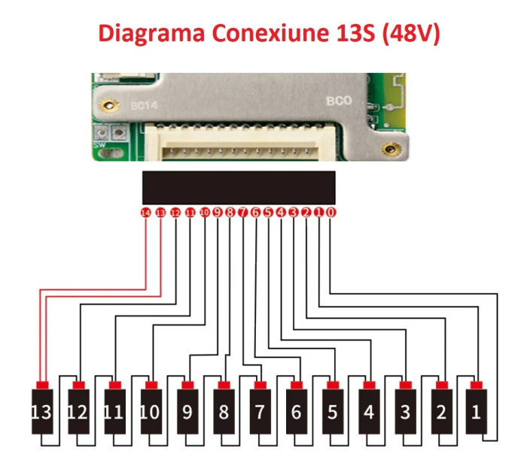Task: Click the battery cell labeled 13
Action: tap(42, 412)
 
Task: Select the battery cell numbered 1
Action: tap(476, 412)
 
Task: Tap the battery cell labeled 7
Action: tap(259, 412)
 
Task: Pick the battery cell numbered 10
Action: tap(151, 412)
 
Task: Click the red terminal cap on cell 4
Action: tap(367, 386)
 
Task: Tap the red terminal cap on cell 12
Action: tap(78, 386)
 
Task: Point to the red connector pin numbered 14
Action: tap(146, 213)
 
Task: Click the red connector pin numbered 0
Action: tap(331, 213)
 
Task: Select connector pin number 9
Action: tap(218, 213)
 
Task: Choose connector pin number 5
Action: tap(269, 213)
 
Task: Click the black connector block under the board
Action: tap(239, 187)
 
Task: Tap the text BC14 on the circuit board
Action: tap(145, 107)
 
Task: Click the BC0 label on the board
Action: tap(336, 100)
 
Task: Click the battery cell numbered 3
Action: tap(404, 412)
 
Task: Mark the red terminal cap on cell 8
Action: tap(223, 386)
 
